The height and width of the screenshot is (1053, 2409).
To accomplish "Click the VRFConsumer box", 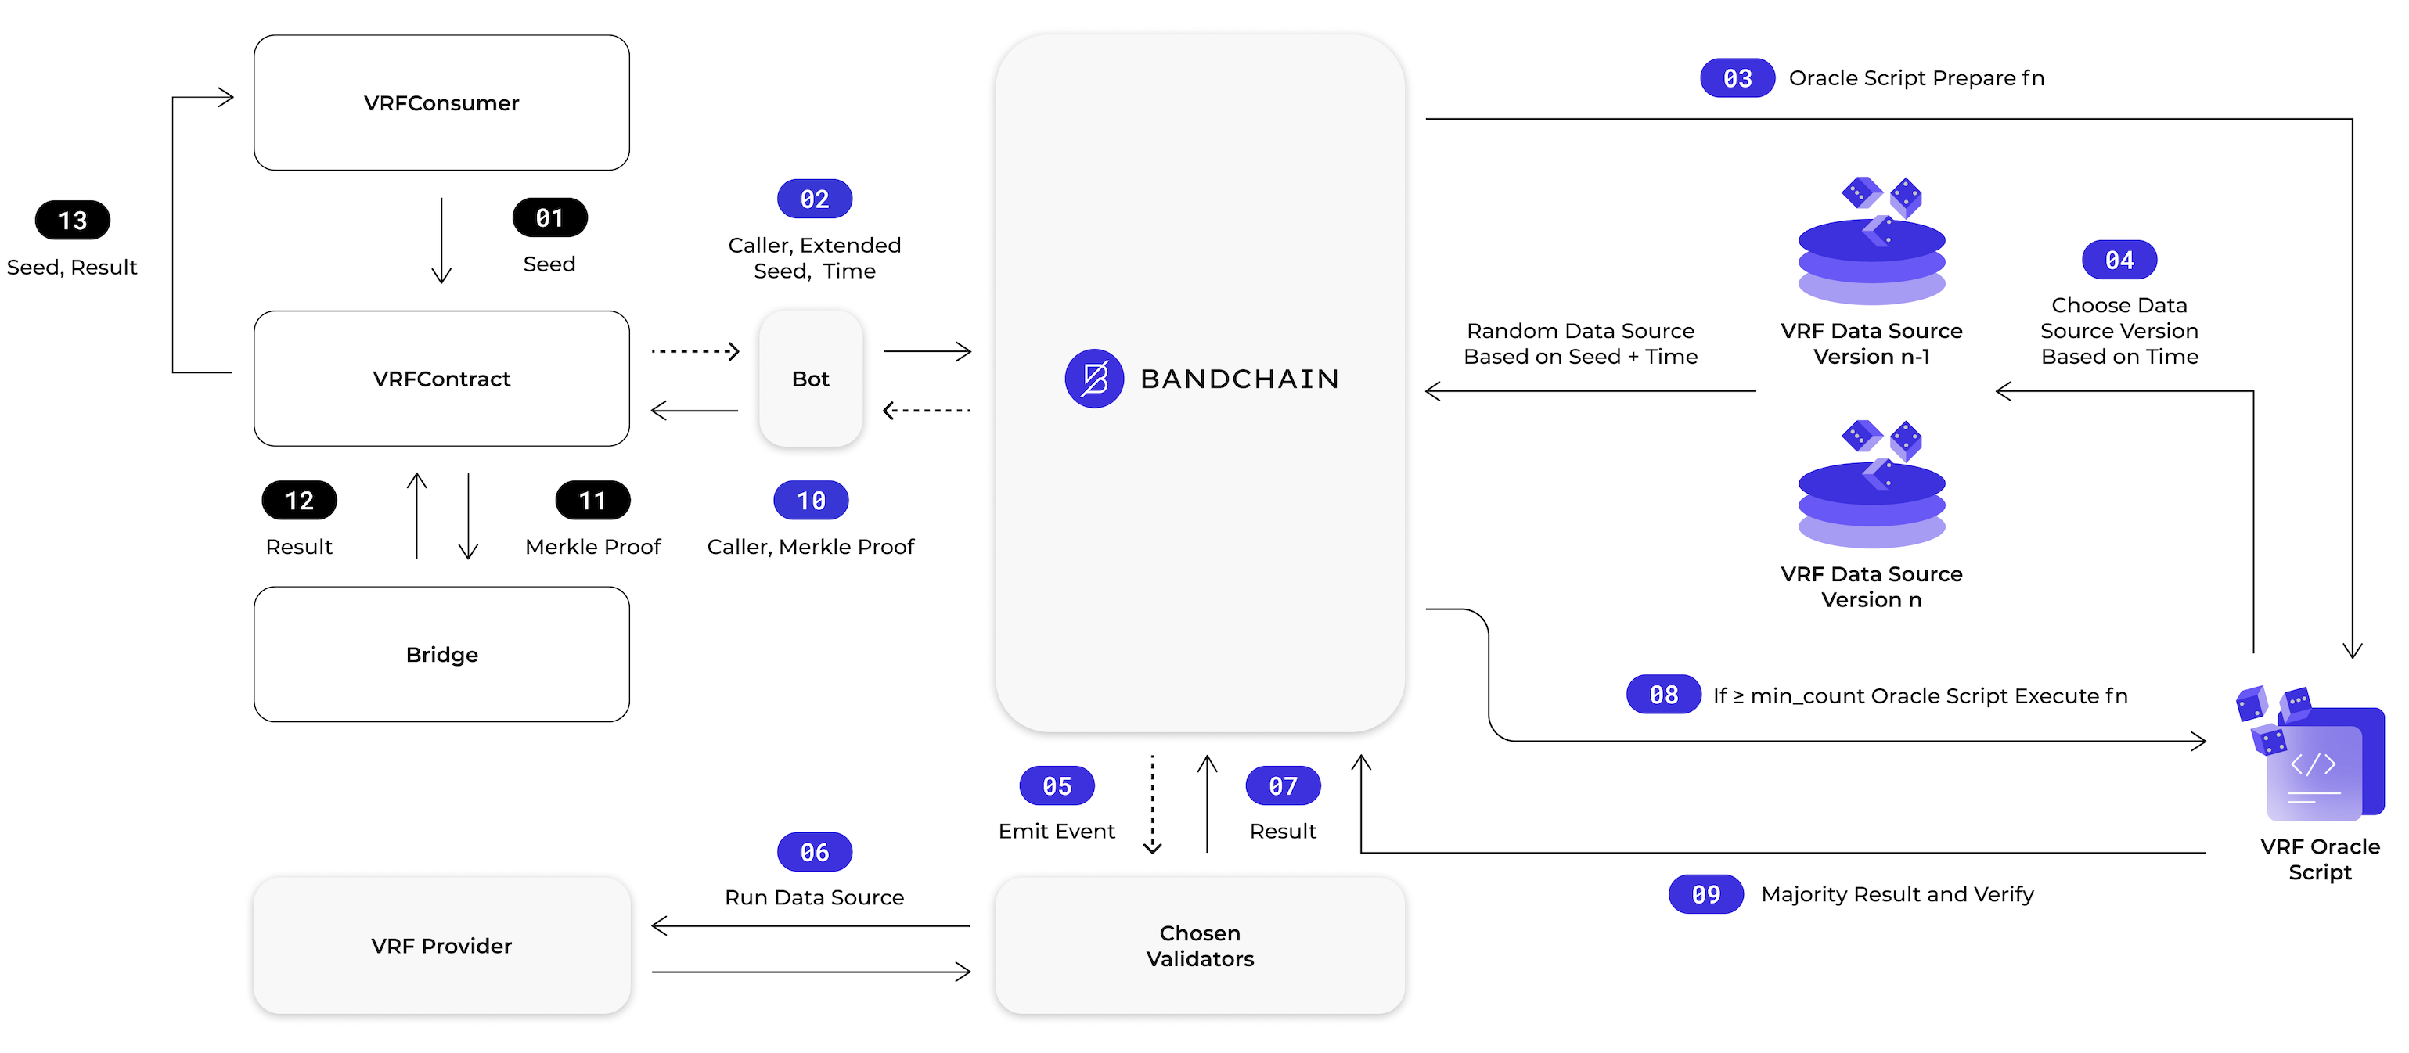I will click(x=441, y=102).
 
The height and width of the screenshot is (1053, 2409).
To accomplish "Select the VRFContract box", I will click(x=441, y=379).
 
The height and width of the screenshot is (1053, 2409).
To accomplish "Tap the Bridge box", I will click(x=441, y=655).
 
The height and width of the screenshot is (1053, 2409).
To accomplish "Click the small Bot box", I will click(x=811, y=379).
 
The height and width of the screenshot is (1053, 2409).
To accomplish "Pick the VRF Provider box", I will click(x=441, y=946).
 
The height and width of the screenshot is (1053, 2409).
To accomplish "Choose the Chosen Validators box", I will click(x=1200, y=946).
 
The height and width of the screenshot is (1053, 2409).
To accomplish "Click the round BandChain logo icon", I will click(x=1094, y=379).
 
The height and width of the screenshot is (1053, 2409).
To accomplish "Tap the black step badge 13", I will click(x=73, y=221).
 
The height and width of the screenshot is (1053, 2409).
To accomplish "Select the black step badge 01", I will click(x=550, y=218).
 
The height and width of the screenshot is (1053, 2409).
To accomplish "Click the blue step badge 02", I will click(x=815, y=199).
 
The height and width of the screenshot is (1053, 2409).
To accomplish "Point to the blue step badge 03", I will click(x=1737, y=78).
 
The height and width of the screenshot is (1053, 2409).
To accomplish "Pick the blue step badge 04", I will click(x=2119, y=260).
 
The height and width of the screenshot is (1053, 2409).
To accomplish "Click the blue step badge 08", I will click(x=1664, y=695).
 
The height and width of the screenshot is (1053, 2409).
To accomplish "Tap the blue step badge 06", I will click(x=815, y=852).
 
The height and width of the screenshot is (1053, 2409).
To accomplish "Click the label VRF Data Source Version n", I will click(x=1871, y=587).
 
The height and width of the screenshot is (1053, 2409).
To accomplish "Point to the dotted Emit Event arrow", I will click(x=1152, y=804).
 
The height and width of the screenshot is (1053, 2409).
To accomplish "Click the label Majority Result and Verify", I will click(x=1896, y=894).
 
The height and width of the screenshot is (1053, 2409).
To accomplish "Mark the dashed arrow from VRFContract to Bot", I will click(x=695, y=351).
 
